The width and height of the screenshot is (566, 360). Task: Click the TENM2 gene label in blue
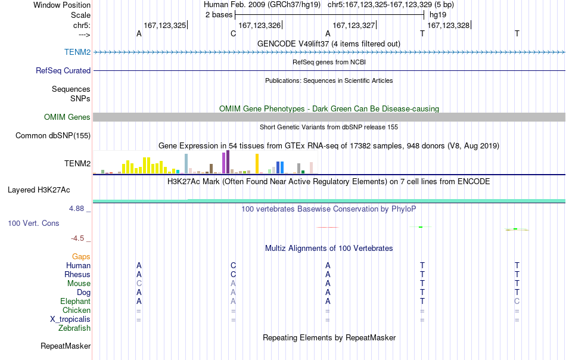click(77, 52)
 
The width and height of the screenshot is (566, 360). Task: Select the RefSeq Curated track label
click(63, 70)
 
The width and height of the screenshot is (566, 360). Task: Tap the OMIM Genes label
click(67, 117)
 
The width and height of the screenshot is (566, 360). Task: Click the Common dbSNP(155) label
click(53, 136)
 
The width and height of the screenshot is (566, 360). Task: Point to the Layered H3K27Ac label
click(39, 190)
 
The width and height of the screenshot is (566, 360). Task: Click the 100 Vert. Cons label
click(33, 223)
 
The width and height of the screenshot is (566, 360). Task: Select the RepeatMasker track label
click(66, 346)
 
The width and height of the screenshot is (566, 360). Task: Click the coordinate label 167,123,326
click(260, 25)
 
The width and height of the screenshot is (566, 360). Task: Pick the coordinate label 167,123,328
click(448, 25)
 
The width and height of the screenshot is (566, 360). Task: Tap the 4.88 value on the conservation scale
click(76, 209)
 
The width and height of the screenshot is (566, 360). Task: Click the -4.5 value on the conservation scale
click(77, 238)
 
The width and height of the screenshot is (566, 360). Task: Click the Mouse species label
click(79, 284)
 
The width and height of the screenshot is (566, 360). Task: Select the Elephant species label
click(76, 301)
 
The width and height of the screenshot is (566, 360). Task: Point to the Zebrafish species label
click(74, 328)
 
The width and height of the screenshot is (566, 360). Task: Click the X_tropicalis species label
click(70, 319)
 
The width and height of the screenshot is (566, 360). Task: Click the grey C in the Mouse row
click(139, 284)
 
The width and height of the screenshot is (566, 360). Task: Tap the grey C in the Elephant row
click(517, 301)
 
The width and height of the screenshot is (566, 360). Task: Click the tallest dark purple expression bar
click(228, 162)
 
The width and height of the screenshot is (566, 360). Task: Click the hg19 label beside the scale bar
click(438, 15)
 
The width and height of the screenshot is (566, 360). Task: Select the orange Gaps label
click(81, 256)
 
